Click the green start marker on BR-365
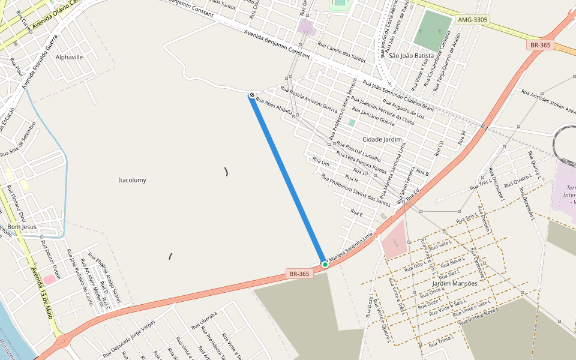(x=325, y=264)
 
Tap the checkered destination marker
(x=251, y=94)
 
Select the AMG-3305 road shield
(x=473, y=20)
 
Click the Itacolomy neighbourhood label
(x=132, y=180)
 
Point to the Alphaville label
(x=69, y=57)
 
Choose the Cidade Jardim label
(x=382, y=139)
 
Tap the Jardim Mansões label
(x=455, y=283)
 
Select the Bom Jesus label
(x=22, y=227)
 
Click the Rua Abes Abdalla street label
(x=274, y=106)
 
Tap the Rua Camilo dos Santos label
(x=341, y=52)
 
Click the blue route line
(x=288, y=179)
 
